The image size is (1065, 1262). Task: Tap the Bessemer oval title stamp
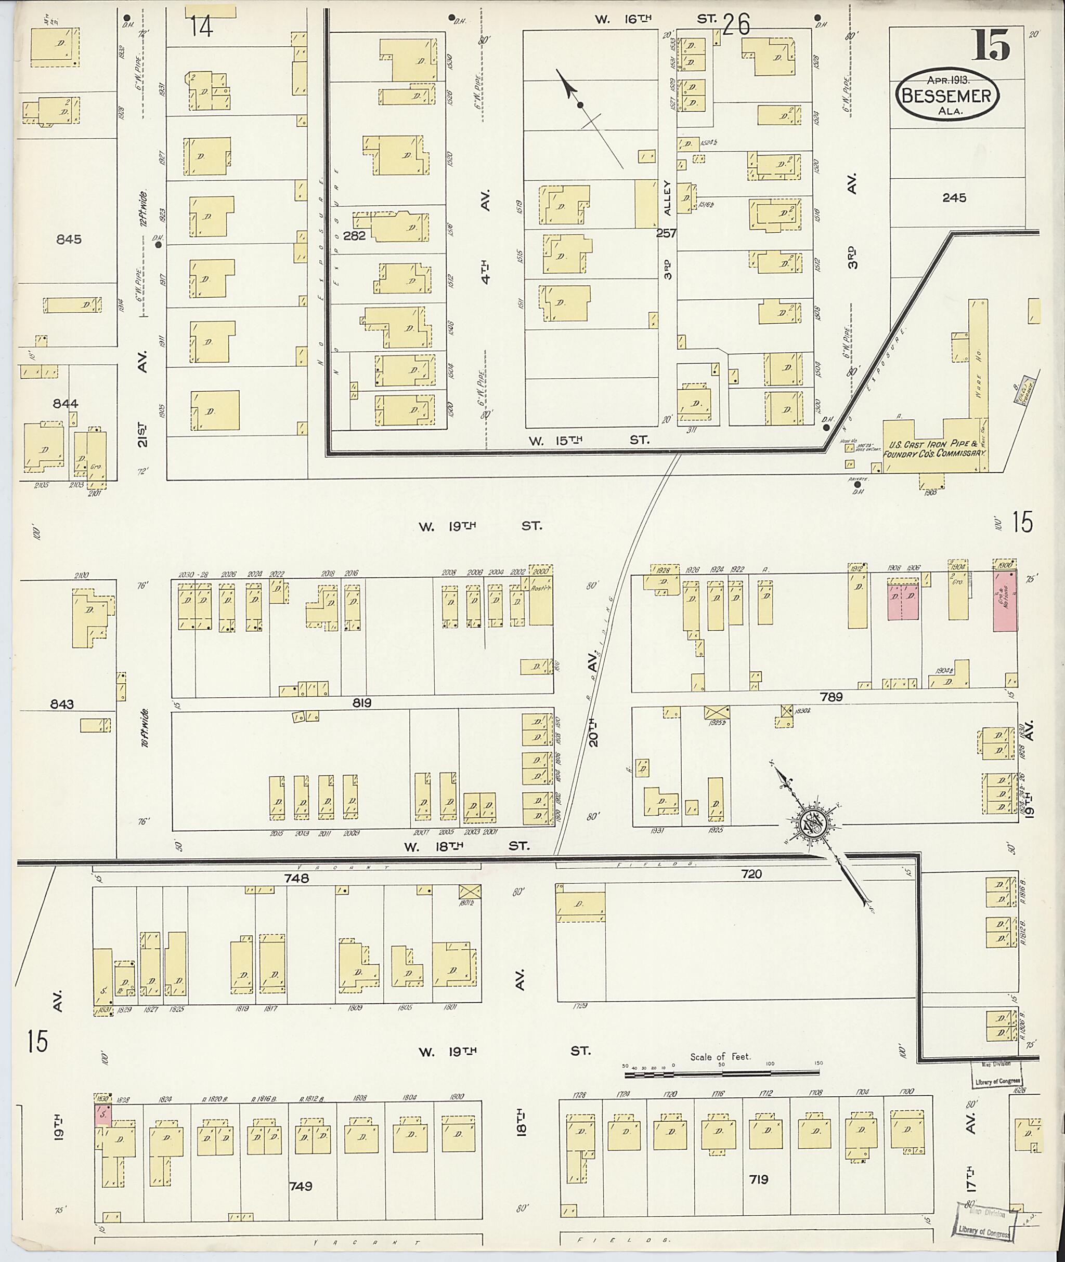pyautogui.click(x=946, y=97)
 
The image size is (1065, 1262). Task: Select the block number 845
pyautogui.click(x=68, y=240)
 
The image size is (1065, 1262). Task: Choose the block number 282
pyautogui.click(x=355, y=236)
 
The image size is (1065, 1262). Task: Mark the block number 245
pyautogui.click(x=954, y=197)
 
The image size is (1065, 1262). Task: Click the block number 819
pyautogui.click(x=362, y=703)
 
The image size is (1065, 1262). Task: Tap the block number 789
pyautogui.click(x=831, y=697)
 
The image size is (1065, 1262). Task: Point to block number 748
pyautogui.click(x=296, y=879)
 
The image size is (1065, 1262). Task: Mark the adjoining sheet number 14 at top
pyautogui.click(x=201, y=26)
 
